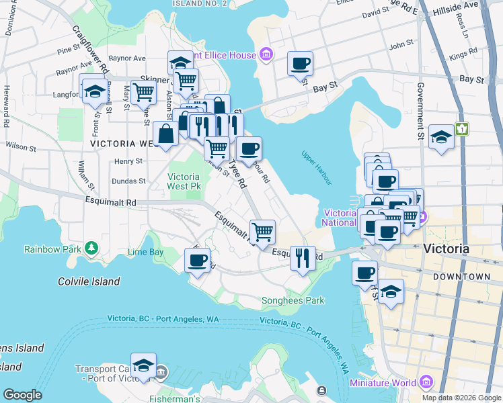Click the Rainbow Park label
click(x=52, y=249)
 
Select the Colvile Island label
click(x=89, y=281)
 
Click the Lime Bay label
click(x=145, y=252)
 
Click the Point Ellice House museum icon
click(x=266, y=54)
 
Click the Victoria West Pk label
click(x=184, y=182)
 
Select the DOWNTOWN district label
click(x=461, y=276)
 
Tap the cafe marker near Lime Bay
click(x=197, y=259)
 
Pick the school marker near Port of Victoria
click(x=143, y=365)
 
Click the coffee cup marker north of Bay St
click(x=300, y=63)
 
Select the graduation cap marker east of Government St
click(x=440, y=137)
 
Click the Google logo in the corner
click(x=22, y=395)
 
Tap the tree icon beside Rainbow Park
click(x=91, y=249)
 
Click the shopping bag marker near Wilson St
click(x=165, y=134)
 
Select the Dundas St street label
click(x=128, y=181)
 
